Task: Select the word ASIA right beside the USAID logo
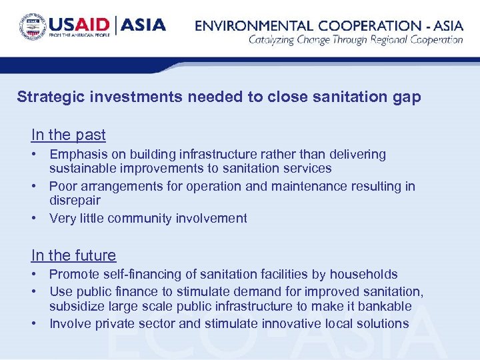click(144, 26)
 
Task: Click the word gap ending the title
click(408, 97)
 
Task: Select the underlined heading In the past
click(68, 135)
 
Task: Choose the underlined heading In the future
click(73, 255)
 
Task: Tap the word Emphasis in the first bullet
click(77, 155)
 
